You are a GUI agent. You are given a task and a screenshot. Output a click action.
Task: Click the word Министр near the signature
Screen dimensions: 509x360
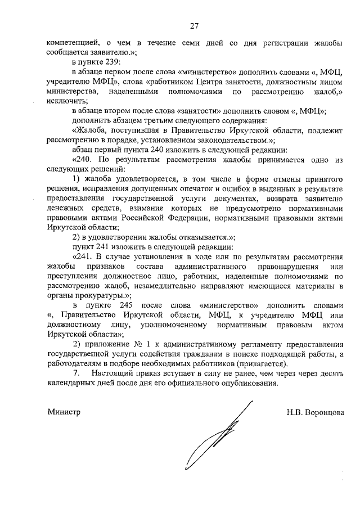[x=64, y=412]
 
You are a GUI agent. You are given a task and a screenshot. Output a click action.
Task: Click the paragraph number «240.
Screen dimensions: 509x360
[x=84, y=160]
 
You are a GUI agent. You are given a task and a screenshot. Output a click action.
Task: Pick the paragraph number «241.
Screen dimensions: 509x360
[x=84, y=258]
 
